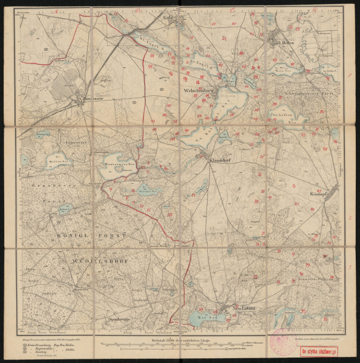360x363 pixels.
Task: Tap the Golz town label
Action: click(x=169, y=18)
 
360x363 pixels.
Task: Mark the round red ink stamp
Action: click(x=281, y=343)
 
